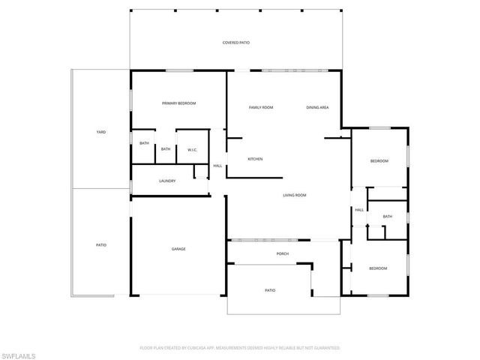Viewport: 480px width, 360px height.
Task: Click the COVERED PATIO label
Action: point(235,43)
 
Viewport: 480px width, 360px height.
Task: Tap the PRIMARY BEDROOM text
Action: point(179,103)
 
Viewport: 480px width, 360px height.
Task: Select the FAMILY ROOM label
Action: point(261,108)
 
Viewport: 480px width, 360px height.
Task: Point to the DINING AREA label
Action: point(317,108)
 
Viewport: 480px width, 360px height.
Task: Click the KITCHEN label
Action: point(255,159)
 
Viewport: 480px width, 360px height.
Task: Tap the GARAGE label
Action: point(178,249)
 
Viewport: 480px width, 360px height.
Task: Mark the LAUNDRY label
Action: point(167,181)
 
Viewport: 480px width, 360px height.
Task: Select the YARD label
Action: point(100,132)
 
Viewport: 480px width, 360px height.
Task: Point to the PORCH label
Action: point(283,253)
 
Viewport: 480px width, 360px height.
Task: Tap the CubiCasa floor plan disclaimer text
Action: point(240,348)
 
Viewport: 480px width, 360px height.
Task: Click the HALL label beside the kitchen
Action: point(217,166)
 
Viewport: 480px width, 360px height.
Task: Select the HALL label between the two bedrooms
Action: point(359,210)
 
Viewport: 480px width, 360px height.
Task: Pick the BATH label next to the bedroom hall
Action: point(387,217)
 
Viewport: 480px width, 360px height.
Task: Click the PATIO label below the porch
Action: point(269,289)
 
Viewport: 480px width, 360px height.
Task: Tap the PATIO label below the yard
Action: point(100,245)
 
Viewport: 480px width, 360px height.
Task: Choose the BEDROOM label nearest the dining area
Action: point(379,161)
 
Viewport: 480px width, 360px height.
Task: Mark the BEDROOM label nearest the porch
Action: point(377,268)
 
